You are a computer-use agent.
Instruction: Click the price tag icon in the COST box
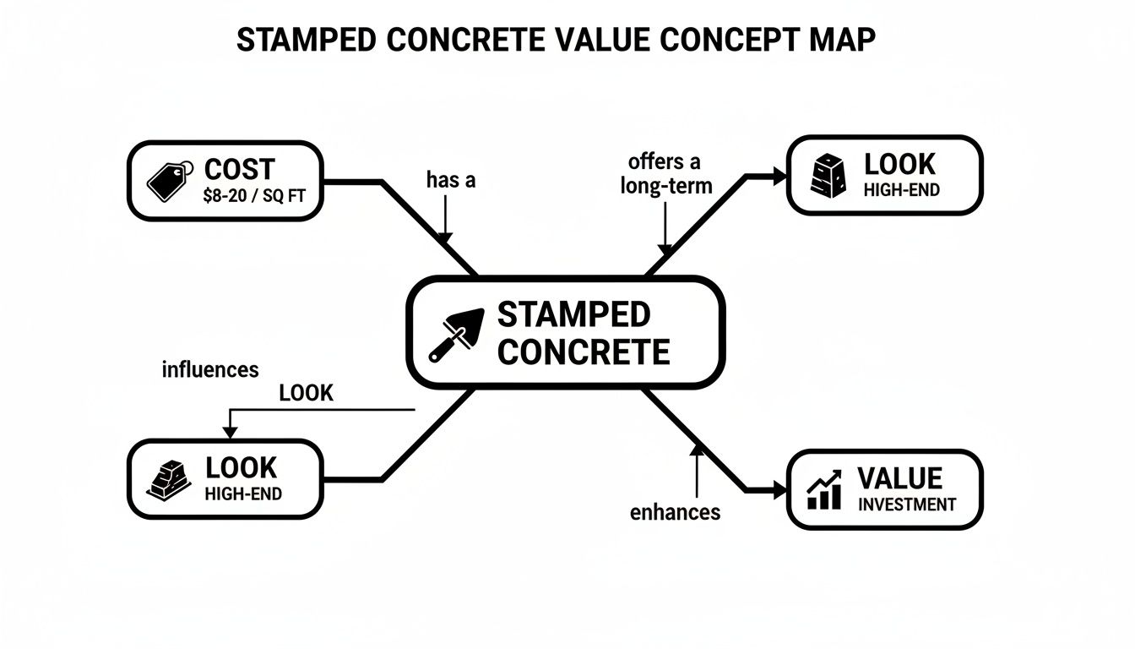(x=166, y=179)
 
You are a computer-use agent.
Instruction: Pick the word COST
(x=240, y=169)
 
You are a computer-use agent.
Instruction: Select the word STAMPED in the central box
(x=574, y=315)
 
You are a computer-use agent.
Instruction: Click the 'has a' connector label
(x=452, y=179)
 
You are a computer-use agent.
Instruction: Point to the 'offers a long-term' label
(x=665, y=173)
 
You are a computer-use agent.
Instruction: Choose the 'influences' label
(x=209, y=369)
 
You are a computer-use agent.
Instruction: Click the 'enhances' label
(x=676, y=511)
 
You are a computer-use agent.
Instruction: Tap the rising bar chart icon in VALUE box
(x=824, y=490)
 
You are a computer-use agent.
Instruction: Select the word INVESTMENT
(x=907, y=504)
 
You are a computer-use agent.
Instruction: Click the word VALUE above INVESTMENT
(x=899, y=478)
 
